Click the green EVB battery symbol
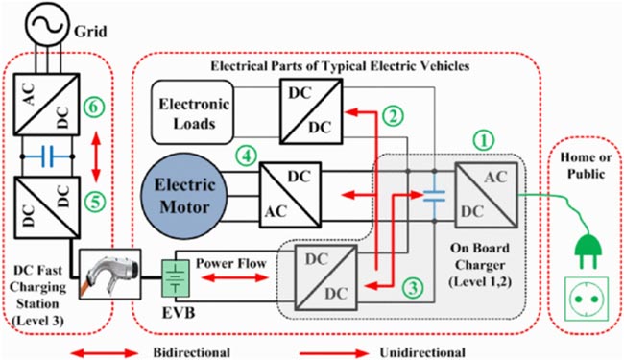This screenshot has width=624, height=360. click(177, 279)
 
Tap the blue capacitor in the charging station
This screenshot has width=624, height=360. click(47, 155)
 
